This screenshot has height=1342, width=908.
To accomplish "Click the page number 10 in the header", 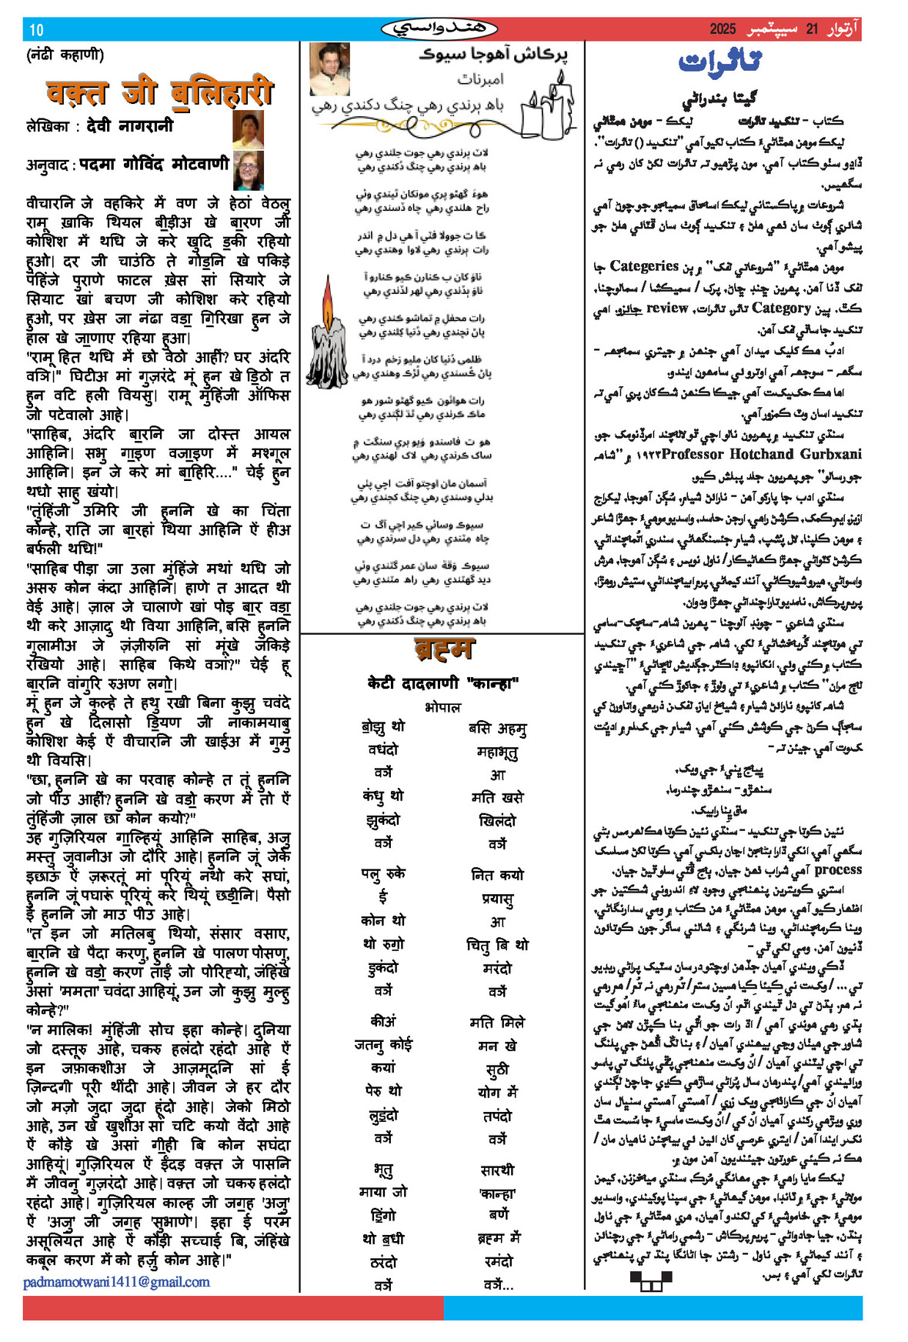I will click(37, 30).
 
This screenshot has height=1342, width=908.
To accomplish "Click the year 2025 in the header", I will click(723, 30).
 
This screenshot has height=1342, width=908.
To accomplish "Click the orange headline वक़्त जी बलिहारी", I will click(160, 93).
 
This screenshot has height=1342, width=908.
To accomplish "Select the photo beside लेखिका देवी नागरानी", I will click(248, 129).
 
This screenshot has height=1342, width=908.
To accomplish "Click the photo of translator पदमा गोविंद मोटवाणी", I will click(248, 169).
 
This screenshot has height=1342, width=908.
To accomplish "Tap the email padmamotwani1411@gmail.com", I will click(116, 1282).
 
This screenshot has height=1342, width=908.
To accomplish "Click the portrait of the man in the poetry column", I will click(329, 68).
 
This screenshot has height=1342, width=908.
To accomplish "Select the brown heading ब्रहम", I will click(443, 650).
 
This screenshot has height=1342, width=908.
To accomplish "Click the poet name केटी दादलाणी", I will click(413, 683).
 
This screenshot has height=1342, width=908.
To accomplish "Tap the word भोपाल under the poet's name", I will click(442, 707).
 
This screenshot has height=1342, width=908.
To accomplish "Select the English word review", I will click(667, 308).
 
